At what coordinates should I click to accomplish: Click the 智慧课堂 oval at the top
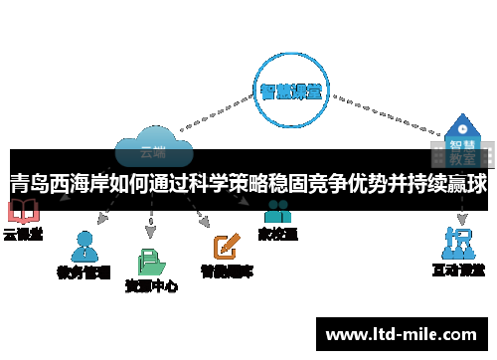click(289, 91)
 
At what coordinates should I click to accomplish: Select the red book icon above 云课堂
click(21, 212)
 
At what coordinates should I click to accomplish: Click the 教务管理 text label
click(83, 271)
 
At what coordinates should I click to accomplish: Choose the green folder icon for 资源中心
click(151, 260)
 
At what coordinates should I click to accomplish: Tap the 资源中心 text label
click(151, 286)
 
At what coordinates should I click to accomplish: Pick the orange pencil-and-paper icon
click(227, 245)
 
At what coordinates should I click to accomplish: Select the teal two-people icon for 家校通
click(277, 212)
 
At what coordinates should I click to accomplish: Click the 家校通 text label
click(277, 235)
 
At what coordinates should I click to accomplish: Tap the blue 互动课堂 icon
click(458, 243)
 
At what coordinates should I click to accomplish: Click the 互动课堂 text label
click(458, 270)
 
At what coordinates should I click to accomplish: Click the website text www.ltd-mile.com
click(402, 333)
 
